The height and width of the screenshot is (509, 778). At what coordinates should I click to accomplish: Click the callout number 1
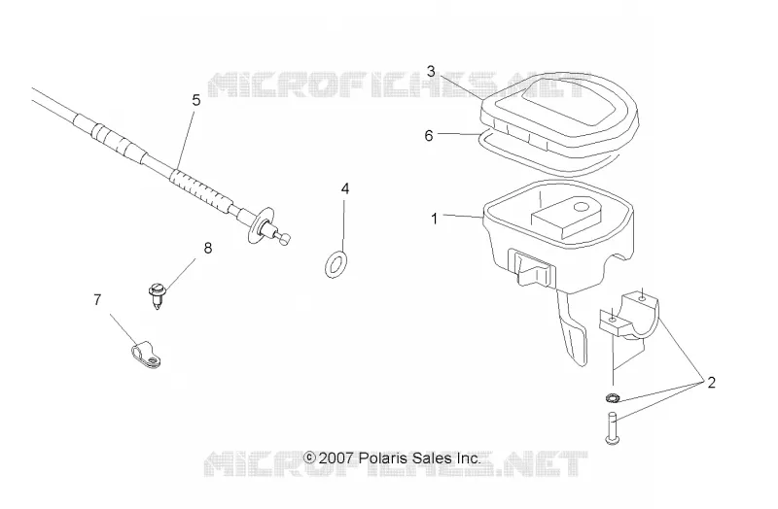pos(434,219)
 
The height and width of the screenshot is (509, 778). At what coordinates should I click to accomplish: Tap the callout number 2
pos(711,383)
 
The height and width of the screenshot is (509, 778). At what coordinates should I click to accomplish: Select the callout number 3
pos(431,71)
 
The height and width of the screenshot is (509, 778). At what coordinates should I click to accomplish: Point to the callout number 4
pos(345,188)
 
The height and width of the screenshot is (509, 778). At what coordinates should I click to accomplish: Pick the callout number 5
pos(196,100)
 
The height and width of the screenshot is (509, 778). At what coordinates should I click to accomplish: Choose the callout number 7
pos(97,300)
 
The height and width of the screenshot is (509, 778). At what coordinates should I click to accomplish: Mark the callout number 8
pos(208,248)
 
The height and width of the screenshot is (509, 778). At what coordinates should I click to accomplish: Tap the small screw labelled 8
pos(158,296)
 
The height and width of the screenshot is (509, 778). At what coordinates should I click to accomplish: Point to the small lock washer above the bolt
pos(613,397)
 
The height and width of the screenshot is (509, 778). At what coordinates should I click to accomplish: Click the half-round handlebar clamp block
pos(627,317)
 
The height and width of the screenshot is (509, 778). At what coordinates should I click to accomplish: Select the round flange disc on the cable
pos(261,225)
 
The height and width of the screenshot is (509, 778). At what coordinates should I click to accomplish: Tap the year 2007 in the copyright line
pos(336,458)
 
